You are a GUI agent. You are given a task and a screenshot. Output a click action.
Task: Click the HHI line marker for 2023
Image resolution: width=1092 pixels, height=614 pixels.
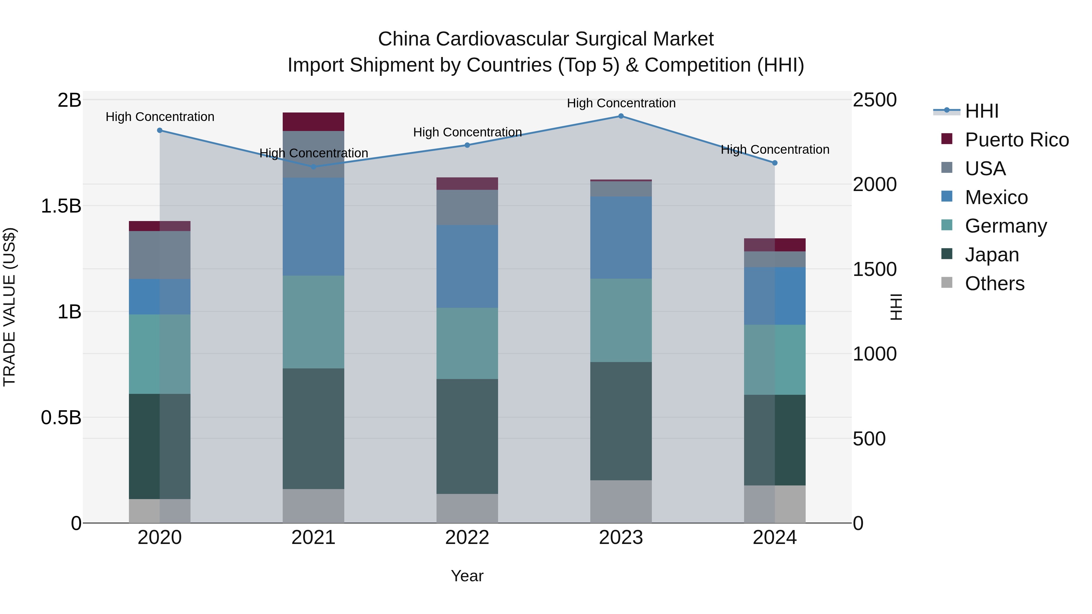click(x=621, y=116)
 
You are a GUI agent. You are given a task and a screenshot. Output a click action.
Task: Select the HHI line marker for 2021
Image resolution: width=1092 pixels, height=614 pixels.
click(x=313, y=167)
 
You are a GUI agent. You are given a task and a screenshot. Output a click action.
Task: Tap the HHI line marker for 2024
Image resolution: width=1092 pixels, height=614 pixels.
click(x=774, y=163)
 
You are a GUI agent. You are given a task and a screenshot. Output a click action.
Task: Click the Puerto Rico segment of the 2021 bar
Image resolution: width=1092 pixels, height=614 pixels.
click(x=313, y=122)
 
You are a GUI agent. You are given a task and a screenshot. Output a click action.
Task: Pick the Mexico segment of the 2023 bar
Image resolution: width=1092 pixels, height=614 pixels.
click(x=621, y=237)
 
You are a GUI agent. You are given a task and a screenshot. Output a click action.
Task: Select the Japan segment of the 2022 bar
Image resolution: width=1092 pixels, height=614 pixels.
click(x=467, y=436)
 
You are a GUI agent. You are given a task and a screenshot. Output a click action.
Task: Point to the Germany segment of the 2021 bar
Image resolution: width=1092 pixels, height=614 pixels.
click(x=313, y=322)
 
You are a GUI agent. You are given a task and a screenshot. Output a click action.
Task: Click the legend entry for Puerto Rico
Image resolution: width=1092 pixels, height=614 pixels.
click(x=1016, y=140)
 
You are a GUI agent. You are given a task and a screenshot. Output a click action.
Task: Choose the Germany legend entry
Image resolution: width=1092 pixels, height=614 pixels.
click(x=1006, y=226)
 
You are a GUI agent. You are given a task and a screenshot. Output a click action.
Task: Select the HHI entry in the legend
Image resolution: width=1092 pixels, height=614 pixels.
click(x=981, y=111)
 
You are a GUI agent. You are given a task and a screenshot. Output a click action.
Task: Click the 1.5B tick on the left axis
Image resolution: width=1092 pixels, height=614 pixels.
click(x=61, y=206)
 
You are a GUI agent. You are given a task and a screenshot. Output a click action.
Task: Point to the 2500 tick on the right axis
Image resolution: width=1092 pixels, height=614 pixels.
click(x=874, y=100)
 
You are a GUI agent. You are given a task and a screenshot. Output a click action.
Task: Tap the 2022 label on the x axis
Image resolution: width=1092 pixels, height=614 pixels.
click(x=467, y=538)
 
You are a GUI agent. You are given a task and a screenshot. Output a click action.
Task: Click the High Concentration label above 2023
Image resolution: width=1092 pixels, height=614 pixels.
click(x=621, y=103)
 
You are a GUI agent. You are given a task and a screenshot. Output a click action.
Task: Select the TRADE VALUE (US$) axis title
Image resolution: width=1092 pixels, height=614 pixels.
click(x=9, y=307)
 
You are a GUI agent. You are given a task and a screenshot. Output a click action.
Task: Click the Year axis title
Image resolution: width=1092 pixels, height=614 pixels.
click(x=467, y=576)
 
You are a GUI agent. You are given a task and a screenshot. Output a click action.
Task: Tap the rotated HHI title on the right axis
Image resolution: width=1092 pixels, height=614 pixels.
click(x=896, y=307)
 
